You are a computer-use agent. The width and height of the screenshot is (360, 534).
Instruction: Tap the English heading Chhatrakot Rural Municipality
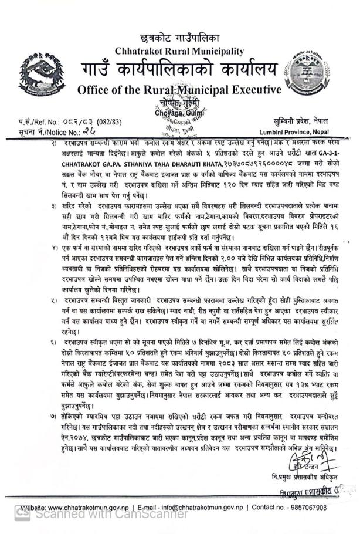click(x=179, y=52)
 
